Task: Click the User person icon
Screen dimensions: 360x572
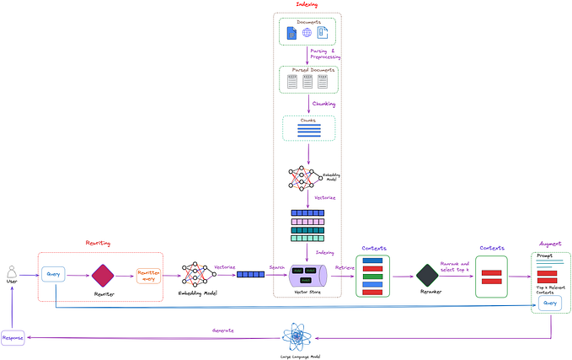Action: (x=12, y=271)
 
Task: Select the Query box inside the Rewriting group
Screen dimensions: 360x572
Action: (x=54, y=274)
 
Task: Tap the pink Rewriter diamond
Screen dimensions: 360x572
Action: (x=103, y=275)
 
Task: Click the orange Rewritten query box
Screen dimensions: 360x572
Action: (x=148, y=275)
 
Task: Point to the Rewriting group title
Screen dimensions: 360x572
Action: (x=98, y=243)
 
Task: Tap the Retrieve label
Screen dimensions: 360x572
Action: (x=345, y=267)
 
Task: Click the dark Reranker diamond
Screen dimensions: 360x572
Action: (x=427, y=275)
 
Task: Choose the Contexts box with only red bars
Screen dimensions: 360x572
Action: (x=491, y=276)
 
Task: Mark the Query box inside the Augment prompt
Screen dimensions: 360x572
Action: (x=550, y=302)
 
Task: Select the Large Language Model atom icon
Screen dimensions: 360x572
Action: (x=298, y=338)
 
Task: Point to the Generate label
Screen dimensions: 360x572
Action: (x=222, y=330)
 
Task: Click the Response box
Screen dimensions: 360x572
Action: (x=13, y=337)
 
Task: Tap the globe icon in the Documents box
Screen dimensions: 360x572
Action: (x=307, y=32)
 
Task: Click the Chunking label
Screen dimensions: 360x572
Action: (x=323, y=104)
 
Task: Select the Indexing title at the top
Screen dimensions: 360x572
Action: (x=307, y=5)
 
